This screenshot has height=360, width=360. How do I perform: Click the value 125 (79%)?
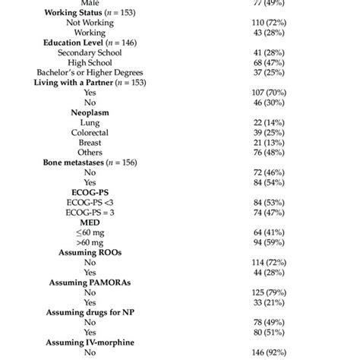point(263,291)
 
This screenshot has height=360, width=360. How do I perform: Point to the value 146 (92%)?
point(263,350)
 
